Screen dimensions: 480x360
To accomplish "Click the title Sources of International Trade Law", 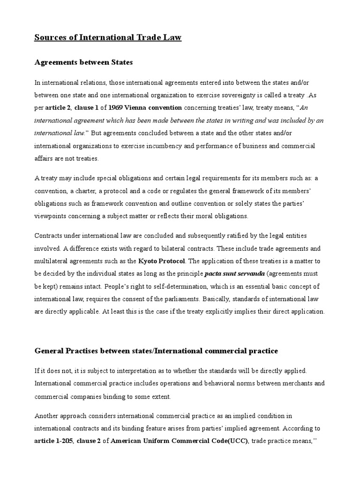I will [x=108, y=37].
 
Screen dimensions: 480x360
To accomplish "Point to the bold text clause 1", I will [x=88, y=107].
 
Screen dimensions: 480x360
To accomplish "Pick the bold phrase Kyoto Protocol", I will [x=162, y=260].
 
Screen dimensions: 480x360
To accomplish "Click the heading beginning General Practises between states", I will [x=157, y=351].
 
